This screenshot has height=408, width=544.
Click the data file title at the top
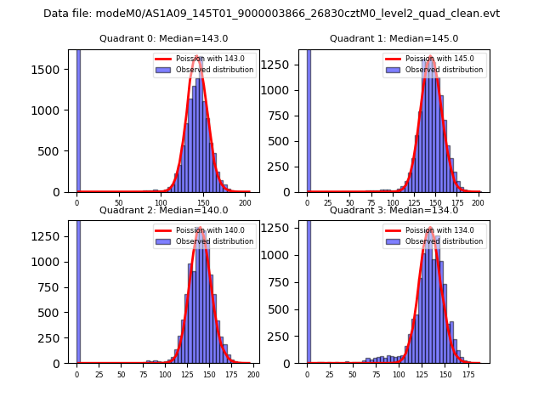271,14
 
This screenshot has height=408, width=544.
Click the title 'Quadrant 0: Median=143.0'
163,38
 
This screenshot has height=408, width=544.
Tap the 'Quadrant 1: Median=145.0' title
394,38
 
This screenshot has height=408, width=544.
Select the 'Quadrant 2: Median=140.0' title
163,210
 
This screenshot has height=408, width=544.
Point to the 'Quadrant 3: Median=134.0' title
394,210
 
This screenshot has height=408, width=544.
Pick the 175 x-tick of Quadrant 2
230,375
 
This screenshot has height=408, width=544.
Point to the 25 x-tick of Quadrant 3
330,375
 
